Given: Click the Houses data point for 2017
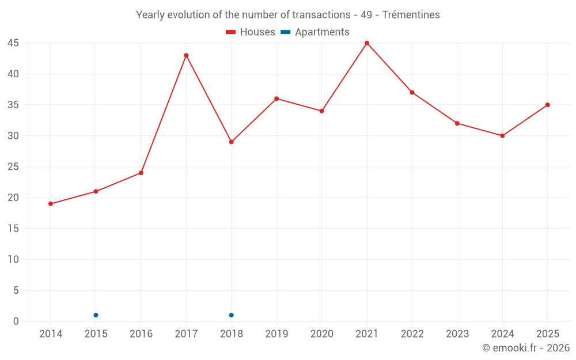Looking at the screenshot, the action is tap(186, 55).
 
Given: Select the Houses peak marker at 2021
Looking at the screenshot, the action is tap(367, 43).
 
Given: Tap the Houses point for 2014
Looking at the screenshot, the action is tap(51, 204).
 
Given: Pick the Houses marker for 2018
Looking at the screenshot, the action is tap(232, 142).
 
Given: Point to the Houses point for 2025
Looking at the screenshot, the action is tap(548, 105).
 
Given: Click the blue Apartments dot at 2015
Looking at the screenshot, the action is tap(96, 315).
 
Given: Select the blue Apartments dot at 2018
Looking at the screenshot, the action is tap(232, 315).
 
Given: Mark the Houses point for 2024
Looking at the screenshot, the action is tap(502, 136).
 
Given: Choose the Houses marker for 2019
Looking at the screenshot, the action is tap(276, 99).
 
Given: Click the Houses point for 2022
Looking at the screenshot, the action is tap(412, 93).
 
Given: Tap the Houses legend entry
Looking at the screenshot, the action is tap(251, 32).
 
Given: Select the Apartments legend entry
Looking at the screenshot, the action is tap(315, 32).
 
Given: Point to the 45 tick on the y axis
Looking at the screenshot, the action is tap(13, 43).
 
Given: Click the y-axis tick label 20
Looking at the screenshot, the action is tap(13, 198).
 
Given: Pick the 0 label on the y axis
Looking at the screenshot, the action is tap(16, 321).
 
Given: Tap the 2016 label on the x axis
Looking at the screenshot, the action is tap(141, 334).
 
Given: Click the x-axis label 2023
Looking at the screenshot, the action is tap(457, 334).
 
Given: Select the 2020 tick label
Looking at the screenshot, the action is tap(322, 334).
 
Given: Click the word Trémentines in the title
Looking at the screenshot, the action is tap(411, 15).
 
